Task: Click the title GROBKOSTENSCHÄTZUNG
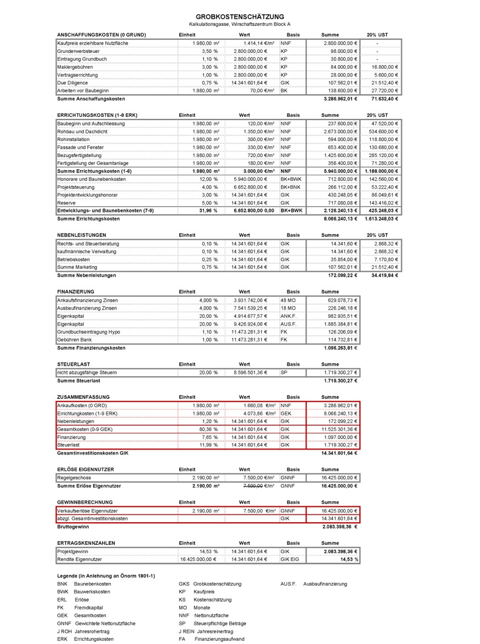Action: [x=240, y=17]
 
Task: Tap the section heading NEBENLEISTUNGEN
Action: [x=82, y=235]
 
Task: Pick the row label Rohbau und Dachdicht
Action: [x=82, y=132]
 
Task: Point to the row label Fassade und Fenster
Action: [x=80, y=148]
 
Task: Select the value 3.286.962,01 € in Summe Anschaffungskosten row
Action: [x=341, y=99]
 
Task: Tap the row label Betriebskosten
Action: [x=74, y=259]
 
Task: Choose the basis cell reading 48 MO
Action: [x=288, y=300]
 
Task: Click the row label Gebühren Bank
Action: [x=75, y=340]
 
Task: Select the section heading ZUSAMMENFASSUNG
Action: [x=83, y=397]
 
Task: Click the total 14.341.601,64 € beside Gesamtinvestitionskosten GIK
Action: [x=339, y=453]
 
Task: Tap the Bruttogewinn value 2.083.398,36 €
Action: [x=339, y=527]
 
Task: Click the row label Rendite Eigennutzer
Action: [x=79, y=559]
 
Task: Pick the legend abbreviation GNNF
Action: [x=63, y=623]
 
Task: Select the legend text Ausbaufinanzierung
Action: [x=325, y=584]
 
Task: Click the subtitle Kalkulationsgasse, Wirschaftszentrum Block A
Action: [x=240, y=25]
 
